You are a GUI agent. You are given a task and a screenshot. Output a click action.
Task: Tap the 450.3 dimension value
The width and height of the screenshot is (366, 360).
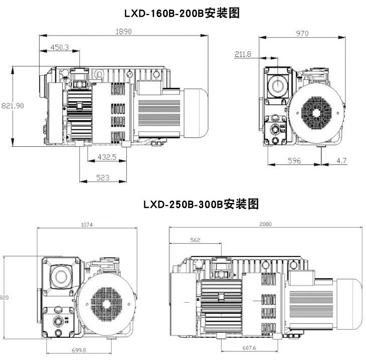pyautogui.click(x=59, y=47)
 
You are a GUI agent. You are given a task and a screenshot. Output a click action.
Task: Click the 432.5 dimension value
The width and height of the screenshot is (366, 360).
pyautogui.click(x=107, y=157)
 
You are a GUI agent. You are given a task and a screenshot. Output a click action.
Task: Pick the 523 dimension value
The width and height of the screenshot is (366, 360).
pyautogui.click(x=103, y=177)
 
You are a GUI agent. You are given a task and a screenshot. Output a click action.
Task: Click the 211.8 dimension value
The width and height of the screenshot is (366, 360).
pyautogui.click(x=242, y=54)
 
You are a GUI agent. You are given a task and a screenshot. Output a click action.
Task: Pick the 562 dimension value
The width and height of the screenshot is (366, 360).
pyautogui.click(x=195, y=240)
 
